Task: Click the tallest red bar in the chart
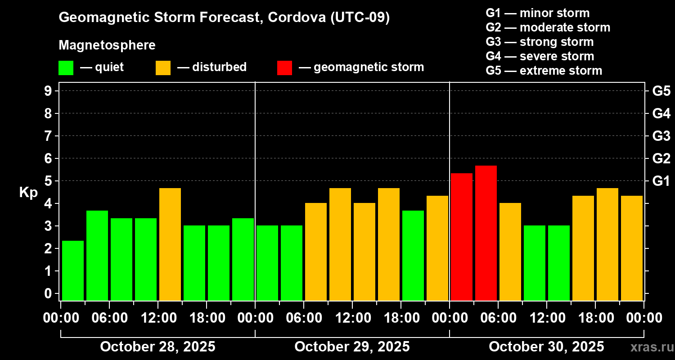click(x=486, y=233)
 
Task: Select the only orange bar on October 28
click(x=170, y=244)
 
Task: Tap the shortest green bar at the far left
click(x=73, y=270)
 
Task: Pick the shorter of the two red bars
click(x=462, y=237)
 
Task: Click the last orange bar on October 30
click(x=632, y=248)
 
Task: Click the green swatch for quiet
click(x=66, y=67)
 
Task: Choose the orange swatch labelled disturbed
click(x=163, y=67)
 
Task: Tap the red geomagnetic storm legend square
click(x=284, y=67)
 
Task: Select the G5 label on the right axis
click(x=661, y=91)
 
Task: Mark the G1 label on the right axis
click(x=661, y=181)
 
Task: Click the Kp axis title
click(x=28, y=193)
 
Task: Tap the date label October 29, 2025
click(x=352, y=346)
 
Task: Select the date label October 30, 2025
click(x=546, y=346)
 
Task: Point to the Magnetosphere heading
click(x=107, y=45)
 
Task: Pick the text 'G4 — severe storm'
click(x=540, y=56)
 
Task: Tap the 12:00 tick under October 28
click(x=158, y=318)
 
